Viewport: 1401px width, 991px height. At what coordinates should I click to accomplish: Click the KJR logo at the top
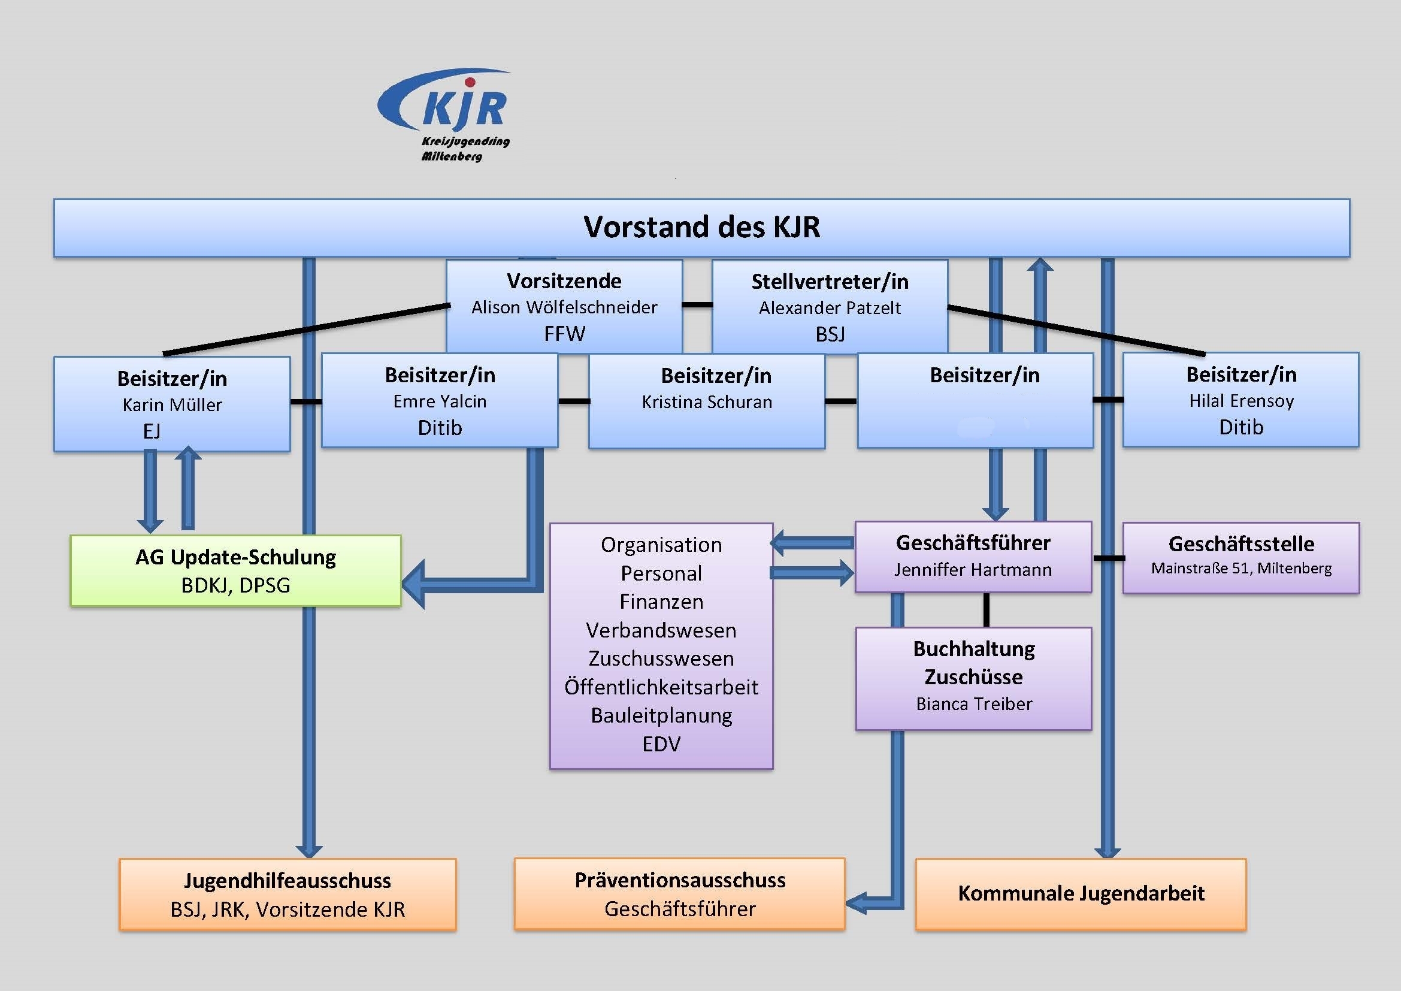point(445,114)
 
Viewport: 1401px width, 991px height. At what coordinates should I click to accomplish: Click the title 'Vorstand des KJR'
point(702,227)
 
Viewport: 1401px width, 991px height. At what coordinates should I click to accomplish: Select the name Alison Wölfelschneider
point(564,307)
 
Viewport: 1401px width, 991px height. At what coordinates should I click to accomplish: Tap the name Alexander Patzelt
point(830,307)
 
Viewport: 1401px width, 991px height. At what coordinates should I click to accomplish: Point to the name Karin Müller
point(172,404)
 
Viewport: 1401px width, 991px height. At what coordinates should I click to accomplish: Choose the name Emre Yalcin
point(440,401)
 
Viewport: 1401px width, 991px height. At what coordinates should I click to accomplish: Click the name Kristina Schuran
point(707,401)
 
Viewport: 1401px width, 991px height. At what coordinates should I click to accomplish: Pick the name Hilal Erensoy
point(1241,401)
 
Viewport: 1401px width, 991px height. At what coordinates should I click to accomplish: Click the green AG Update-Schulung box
point(235,570)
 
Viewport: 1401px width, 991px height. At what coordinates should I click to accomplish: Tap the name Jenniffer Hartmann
point(973,570)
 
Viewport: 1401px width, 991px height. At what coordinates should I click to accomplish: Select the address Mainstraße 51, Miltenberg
point(1241,568)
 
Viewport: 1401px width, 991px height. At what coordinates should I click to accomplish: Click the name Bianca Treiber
point(974,704)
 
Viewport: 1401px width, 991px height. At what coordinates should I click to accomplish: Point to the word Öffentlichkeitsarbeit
point(661,687)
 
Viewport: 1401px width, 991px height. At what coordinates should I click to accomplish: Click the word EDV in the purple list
point(661,744)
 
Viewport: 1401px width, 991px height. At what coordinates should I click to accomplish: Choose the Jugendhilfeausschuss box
point(288,895)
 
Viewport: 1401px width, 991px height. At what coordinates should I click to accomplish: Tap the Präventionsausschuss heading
point(680,880)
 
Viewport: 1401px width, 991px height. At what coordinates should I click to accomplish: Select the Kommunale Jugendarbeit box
point(1081,895)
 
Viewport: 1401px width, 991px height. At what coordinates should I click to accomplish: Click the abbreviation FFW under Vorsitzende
point(564,334)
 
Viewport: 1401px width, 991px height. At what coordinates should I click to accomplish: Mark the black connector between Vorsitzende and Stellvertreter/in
point(697,304)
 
